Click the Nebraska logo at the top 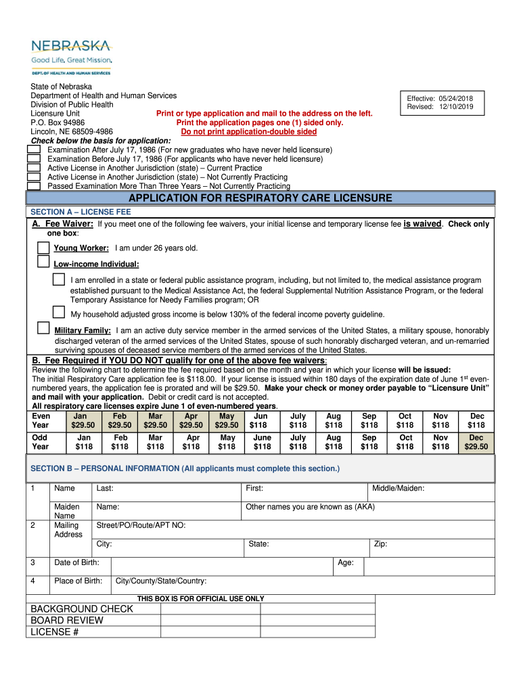coord(71,55)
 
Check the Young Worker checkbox coord(43,248)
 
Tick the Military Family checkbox coord(43,329)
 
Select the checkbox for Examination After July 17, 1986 coord(33,149)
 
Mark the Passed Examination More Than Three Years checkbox coord(33,185)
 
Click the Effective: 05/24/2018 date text coord(440,98)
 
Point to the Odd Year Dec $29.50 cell coord(476,442)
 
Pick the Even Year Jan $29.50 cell coord(84,420)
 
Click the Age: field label coord(346,562)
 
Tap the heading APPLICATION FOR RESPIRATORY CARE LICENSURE coord(260,198)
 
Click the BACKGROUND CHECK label coord(82,609)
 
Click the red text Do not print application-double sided coord(259,132)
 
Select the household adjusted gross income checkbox coord(59,312)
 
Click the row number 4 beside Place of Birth coord(33,581)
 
